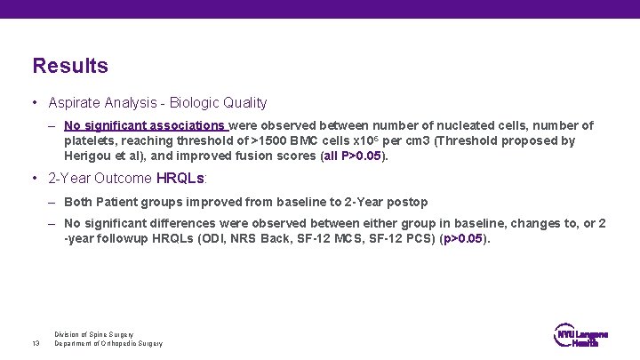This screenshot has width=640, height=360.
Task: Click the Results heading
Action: pyautogui.click(x=70, y=66)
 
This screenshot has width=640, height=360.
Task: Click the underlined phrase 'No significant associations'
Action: pyautogui.click(x=145, y=125)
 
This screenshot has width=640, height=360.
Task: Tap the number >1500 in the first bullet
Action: pyautogui.click(x=269, y=140)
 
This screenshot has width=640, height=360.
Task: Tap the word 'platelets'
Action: pyautogui.click(x=89, y=140)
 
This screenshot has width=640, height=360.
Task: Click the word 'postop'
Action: pyautogui.click(x=407, y=202)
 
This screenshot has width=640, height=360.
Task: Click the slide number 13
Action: pyautogui.click(x=36, y=343)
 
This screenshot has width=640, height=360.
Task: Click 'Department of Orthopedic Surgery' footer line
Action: pyautogui.click(x=108, y=344)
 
